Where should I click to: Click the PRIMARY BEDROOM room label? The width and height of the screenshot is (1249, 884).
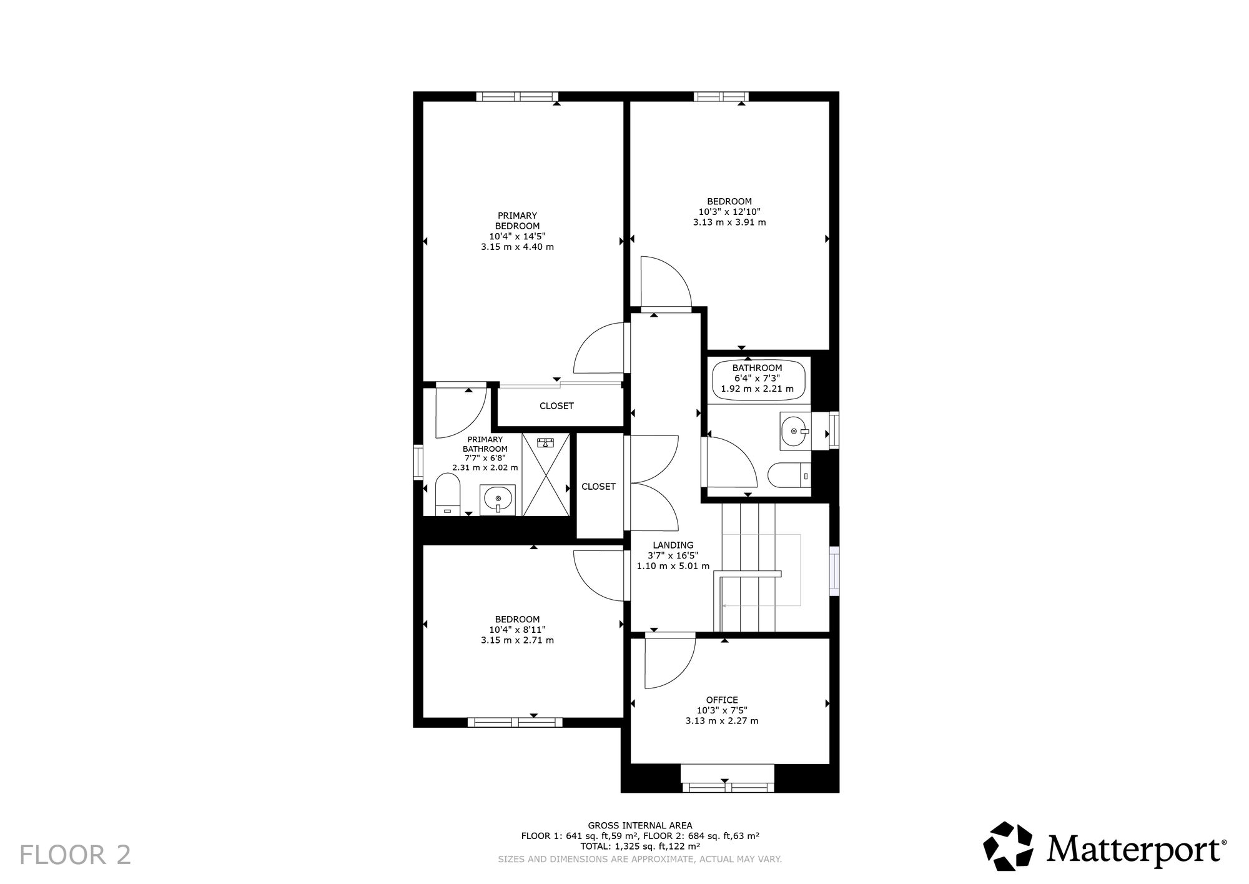click(x=517, y=221)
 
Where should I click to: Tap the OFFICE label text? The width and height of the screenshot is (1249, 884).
click(x=722, y=700)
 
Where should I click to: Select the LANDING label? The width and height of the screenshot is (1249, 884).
click(x=673, y=545)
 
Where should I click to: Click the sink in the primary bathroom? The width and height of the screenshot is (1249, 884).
click(x=498, y=500)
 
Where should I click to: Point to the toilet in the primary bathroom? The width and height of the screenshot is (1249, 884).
click(x=447, y=494)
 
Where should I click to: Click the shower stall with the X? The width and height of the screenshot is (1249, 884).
click(x=546, y=475)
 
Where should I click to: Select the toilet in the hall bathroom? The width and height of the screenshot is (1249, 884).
click(x=789, y=476)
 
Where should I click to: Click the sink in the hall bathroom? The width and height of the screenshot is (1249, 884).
click(x=795, y=430)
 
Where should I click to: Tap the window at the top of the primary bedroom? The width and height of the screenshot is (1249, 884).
click(x=517, y=96)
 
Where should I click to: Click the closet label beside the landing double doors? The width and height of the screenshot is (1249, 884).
click(x=598, y=486)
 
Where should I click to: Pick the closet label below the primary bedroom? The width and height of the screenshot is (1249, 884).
click(x=556, y=405)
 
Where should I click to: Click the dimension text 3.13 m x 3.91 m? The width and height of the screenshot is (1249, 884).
click(x=729, y=222)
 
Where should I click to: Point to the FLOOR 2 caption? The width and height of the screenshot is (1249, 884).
click(x=76, y=855)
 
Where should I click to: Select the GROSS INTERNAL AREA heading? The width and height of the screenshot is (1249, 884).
click(x=640, y=825)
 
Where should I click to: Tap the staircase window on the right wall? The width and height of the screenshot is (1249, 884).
click(x=834, y=568)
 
